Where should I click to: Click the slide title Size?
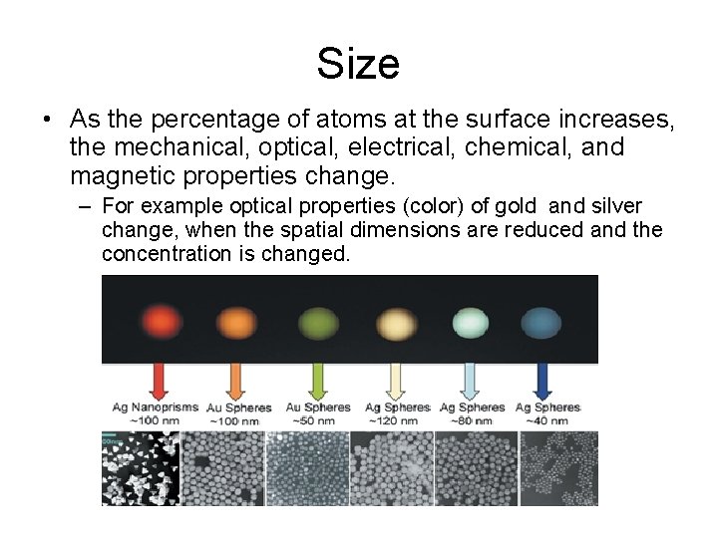click(x=358, y=64)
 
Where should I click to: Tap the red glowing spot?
click(x=159, y=320)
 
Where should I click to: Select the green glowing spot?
click(x=318, y=322)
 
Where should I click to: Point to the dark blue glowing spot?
click(x=542, y=322)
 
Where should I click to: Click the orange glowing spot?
click(x=236, y=322)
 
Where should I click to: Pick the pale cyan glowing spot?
click(x=470, y=322)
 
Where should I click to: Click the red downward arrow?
click(x=159, y=383)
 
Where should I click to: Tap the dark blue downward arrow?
click(x=543, y=383)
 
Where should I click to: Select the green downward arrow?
click(x=318, y=383)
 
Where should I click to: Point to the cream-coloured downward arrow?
click(x=396, y=383)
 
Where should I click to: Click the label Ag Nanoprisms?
click(x=156, y=407)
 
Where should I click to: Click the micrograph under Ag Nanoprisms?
click(x=141, y=468)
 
